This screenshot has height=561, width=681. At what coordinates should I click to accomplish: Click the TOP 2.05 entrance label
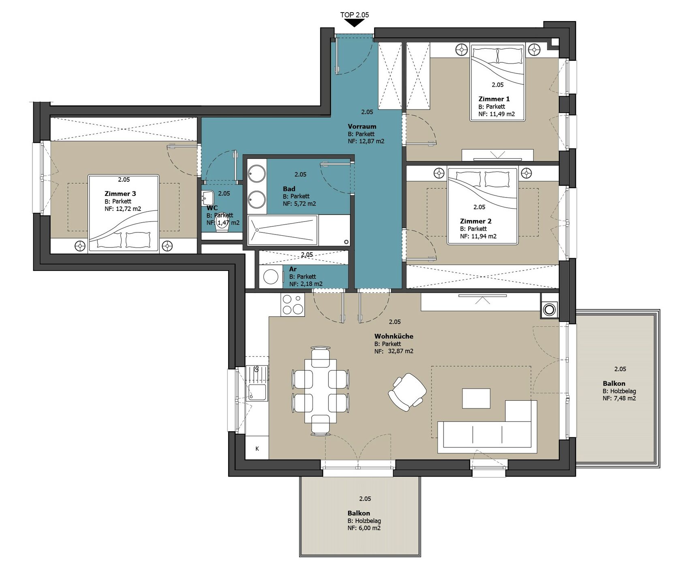(354, 15)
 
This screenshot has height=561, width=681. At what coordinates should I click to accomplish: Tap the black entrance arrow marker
(354, 24)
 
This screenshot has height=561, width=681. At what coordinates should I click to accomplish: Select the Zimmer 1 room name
(494, 99)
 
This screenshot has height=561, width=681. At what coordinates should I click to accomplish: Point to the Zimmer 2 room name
(475, 221)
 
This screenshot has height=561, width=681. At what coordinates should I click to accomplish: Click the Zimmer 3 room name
(120, 194)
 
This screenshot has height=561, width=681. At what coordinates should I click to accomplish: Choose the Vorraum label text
(362, 127)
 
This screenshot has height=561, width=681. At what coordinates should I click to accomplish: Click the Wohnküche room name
(394, 336)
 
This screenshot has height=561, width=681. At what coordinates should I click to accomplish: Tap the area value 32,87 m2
(400, 351)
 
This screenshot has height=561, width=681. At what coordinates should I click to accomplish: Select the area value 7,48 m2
(625, 398)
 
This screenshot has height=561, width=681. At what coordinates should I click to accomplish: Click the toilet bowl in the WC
(222, 227)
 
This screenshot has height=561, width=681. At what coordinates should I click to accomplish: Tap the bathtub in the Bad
(282, 230)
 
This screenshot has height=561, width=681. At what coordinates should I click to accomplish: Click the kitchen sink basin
(257, 392)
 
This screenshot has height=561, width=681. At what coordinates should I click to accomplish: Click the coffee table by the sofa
(476, 398)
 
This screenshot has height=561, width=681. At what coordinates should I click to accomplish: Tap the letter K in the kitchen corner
(257, 449)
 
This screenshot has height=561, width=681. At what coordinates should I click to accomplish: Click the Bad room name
(289, 189)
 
